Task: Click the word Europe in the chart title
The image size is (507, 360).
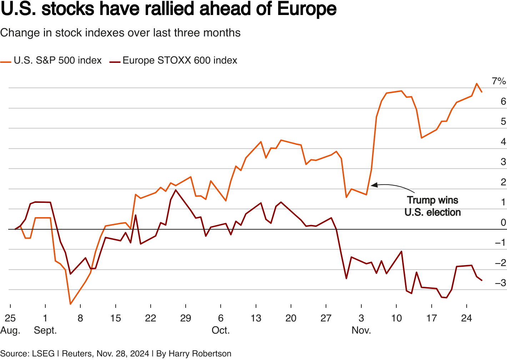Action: point(307,9)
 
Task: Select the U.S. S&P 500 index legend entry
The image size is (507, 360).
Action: point(57,61)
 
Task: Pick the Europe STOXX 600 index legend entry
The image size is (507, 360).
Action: point(180,61)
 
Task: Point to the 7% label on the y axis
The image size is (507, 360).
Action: point(498,81)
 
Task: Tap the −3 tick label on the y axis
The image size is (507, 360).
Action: point(500,283)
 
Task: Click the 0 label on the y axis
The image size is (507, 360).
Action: point(503,223)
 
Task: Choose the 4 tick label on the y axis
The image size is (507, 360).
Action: point(503,142)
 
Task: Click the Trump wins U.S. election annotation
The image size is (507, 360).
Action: point(432,206)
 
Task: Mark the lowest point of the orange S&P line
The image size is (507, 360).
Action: point(70,304)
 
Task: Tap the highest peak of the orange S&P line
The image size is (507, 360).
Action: point(477,84)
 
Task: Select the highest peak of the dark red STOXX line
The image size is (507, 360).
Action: point(176,190)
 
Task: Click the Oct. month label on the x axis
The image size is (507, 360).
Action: point(221,330)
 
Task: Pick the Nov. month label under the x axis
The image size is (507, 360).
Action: point(361,330)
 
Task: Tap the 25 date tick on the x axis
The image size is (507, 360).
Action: point(10,318)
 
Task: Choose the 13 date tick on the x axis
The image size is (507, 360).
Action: point(256,318)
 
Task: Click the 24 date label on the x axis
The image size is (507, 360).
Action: point(467,318)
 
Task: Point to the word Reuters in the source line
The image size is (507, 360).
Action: point(77,354)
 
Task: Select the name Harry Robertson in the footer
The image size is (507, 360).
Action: point(200,354)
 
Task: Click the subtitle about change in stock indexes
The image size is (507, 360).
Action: point(120,33)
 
